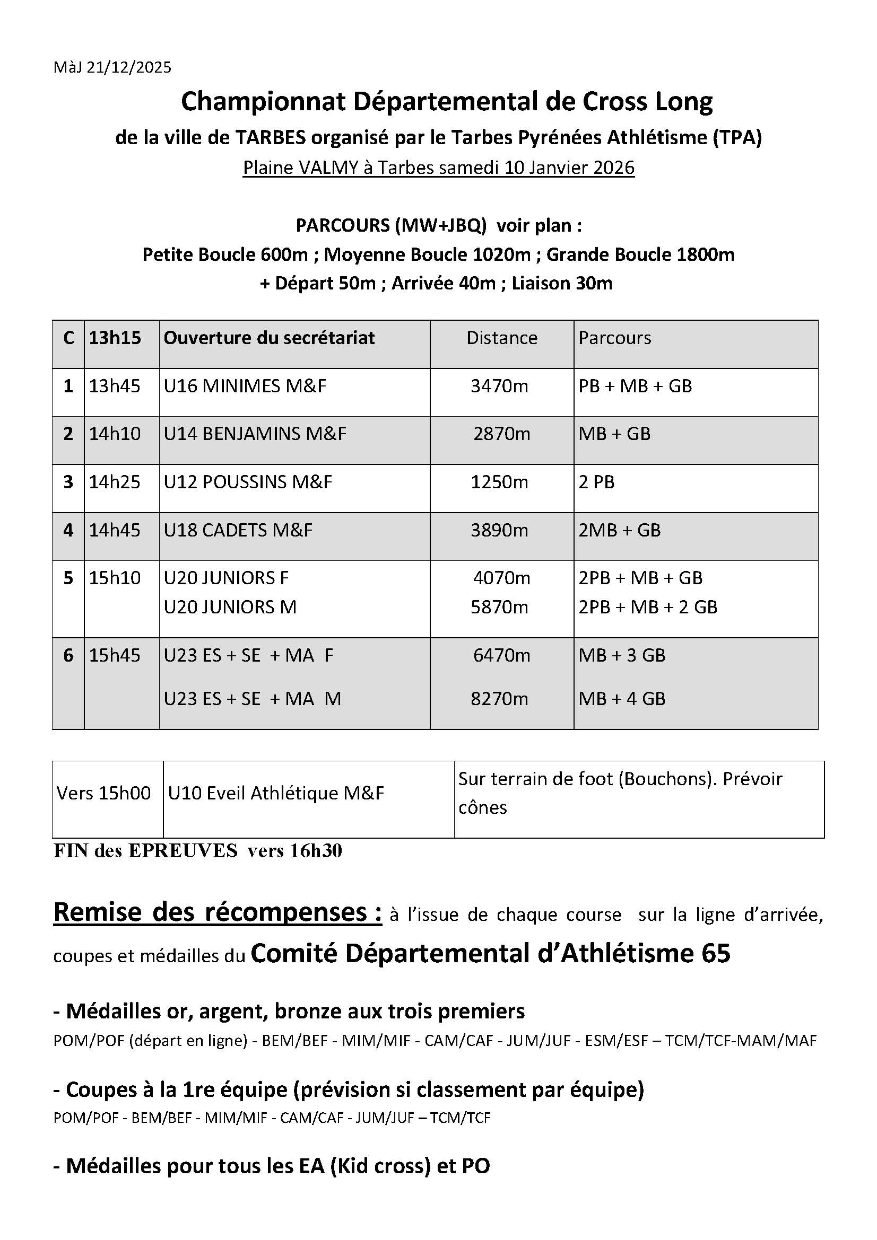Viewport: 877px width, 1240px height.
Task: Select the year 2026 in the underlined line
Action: (613, 168)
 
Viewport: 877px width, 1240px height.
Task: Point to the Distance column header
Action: (502, 338)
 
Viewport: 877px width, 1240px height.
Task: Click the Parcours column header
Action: (615, 338)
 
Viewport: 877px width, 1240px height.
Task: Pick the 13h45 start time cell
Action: (115, 386)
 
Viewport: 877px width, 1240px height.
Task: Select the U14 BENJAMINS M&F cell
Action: (255, 434)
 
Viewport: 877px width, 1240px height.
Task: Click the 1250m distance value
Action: (499, 482)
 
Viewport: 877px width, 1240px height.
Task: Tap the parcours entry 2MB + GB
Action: (619, 530)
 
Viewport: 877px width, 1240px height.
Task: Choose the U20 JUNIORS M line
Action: (230, 608)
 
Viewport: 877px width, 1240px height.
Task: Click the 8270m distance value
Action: (499, 699)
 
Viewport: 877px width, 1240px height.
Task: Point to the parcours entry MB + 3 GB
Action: (622, 656)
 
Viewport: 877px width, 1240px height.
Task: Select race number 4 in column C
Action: (68, 530)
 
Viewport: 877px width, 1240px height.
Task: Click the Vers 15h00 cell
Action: (104, 794)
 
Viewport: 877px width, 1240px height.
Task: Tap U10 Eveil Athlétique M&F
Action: (276, 794)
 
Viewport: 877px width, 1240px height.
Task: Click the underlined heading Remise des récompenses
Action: (217, 913)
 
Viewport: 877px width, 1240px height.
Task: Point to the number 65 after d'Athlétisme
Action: (715, 953)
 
